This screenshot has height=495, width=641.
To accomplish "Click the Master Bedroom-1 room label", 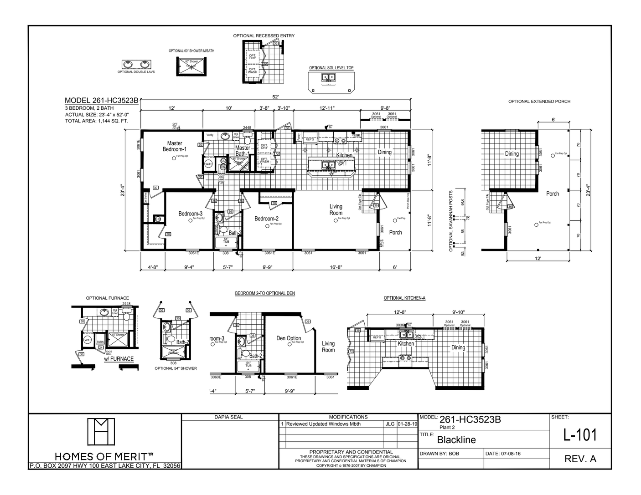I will point(175,146).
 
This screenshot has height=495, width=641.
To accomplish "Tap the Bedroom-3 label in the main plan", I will point(190,214).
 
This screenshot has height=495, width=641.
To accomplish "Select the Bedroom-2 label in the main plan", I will point(266,219).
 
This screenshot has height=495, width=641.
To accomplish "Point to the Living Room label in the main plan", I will point(336,209).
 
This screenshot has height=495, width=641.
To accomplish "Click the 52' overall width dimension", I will point(276,97).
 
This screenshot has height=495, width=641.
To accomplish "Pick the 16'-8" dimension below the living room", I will point(335,267).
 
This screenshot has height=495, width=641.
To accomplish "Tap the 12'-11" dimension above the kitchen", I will point(327,108).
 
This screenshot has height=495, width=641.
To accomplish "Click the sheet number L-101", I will point(580,435).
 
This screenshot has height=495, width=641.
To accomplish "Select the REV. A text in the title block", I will point(580,459).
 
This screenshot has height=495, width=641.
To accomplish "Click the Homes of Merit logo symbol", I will point(101,431).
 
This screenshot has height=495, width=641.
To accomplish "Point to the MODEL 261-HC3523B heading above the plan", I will point(101,101).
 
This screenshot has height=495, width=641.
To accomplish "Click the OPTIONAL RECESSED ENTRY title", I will point(264,36).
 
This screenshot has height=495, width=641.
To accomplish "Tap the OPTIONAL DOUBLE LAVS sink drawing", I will point(136,64).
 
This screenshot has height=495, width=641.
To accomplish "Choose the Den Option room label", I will point(289,338).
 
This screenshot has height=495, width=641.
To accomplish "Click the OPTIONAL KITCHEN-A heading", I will point(404,298).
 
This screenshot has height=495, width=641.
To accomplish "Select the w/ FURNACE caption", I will point(119,359).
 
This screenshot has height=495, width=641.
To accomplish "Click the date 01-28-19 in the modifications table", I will point(407,424).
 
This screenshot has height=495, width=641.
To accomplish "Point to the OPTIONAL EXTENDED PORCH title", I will point(539,102).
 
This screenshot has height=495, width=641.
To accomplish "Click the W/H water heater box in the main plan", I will point(208,164).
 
